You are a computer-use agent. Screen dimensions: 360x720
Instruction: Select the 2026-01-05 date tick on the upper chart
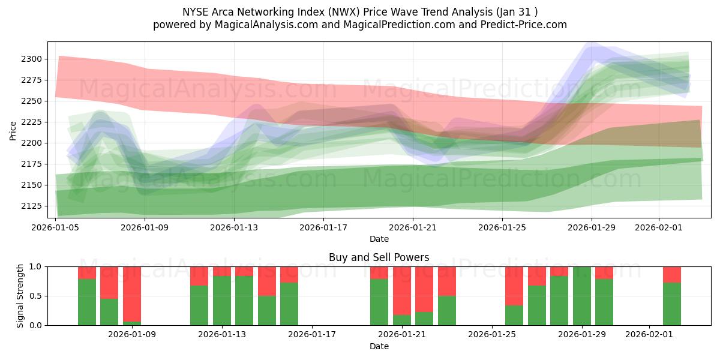pyautogui.click(x=56, y=227)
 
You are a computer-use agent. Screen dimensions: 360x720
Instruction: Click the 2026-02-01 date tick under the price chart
pyautogui.click(x=659, y=227)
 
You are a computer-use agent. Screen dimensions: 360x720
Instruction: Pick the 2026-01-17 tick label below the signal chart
pyautogui.click(x=312, y=334)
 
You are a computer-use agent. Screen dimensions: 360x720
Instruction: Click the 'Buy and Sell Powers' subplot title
pyautogui.click(x=379, y=257)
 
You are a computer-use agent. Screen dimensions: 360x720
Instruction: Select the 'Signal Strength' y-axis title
pyautogui.click(x=20, y=295)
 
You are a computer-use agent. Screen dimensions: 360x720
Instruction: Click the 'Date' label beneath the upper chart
pyautogui.click(x=379, y=239)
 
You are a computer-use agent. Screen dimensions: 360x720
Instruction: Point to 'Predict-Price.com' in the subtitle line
pyautogui.click(x=517, y=25)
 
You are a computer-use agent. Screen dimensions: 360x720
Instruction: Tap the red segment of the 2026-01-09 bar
pyautogui.click(x=132, y=285)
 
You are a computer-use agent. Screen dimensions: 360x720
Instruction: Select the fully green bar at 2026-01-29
pyautogui.click(x=582, y=296)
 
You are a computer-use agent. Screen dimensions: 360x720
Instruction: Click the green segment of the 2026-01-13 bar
pyautogui.click(x=222, y=300)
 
